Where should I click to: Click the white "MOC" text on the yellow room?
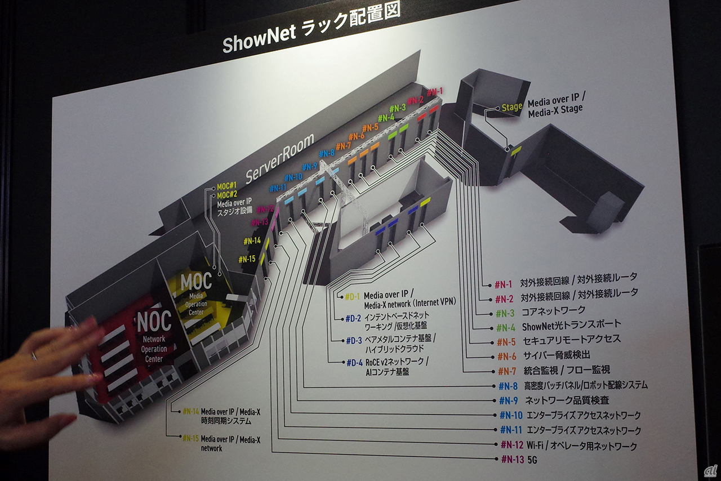click(196, 280)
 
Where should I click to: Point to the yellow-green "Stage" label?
click(511, 106)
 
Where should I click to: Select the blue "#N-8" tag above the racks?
click(327, 153)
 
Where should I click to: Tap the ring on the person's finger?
click(33, 356)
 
